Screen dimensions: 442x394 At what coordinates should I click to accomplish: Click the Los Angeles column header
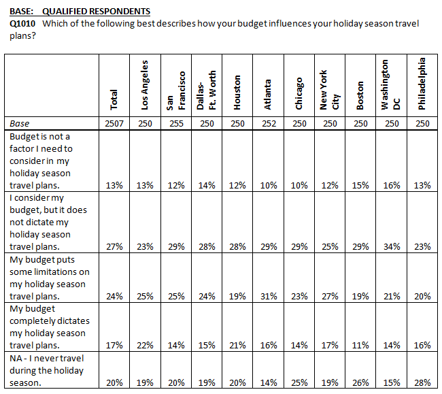(x=145, y=85)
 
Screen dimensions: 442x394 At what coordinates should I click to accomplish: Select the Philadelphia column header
(x=422, y=84)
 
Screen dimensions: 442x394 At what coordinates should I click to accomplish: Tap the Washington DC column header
(x=390, y=84)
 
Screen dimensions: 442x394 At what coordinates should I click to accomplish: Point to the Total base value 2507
(x=114, y=124)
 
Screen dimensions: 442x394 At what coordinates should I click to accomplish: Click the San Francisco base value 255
(x=176, y=124)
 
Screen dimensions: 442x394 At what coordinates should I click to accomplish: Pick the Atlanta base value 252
(x=269, y=124)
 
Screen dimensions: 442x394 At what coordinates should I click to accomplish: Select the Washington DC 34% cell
(x=392, y=247)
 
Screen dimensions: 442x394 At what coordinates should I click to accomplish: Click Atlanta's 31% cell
(x=269, y=297)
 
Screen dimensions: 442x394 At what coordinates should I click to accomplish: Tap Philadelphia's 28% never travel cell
(x=422, y=382)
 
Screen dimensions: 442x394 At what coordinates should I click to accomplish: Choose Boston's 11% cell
(x=360, y=345)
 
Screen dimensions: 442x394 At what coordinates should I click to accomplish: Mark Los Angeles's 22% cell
(x=145, y=345)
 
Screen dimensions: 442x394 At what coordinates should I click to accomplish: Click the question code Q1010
(x=22, y=23)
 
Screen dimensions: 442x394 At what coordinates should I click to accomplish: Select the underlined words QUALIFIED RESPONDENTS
(x=96, y=12)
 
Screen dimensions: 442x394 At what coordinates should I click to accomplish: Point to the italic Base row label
(x=19, y=124)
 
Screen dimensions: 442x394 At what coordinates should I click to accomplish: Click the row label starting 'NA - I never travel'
(x=46, y=370)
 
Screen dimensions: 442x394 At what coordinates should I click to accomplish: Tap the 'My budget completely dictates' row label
(x=50, y=327)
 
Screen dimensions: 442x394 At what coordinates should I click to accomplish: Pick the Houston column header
(x=237, y=93)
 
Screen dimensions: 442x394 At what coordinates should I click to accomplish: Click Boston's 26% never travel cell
(x=360, y=382)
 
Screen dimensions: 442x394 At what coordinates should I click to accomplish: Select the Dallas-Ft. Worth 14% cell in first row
(x=207, y=186)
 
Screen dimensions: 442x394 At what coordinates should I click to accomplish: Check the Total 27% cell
(x=114, y=247)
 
